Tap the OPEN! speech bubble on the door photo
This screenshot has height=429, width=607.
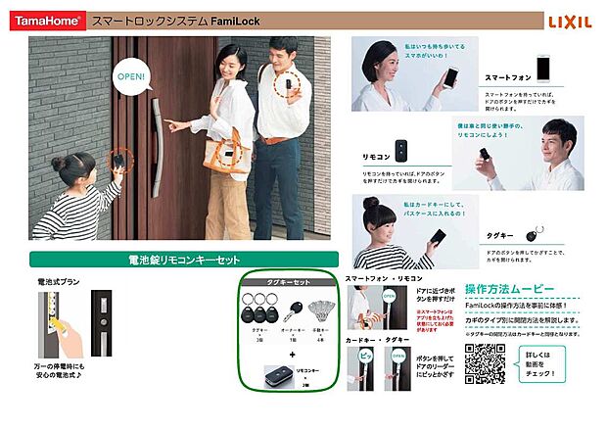tap(131, 75)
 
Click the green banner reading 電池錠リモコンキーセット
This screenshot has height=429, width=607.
tap(183, 261)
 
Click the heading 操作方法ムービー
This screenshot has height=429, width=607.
tap(509, 291)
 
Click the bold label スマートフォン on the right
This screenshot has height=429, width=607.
tap(509, 77)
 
